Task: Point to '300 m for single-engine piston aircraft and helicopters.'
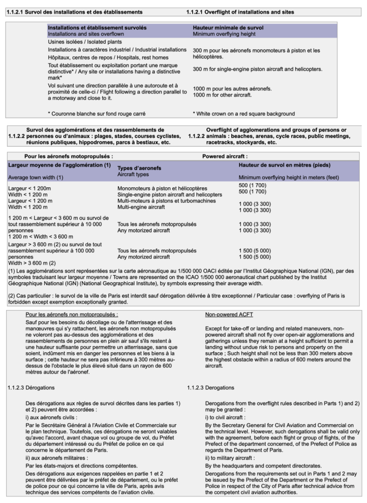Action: pos(251,69)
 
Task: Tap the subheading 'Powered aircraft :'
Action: pos(225,157)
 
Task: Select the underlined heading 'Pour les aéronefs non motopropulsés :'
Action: pos(72,315)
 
